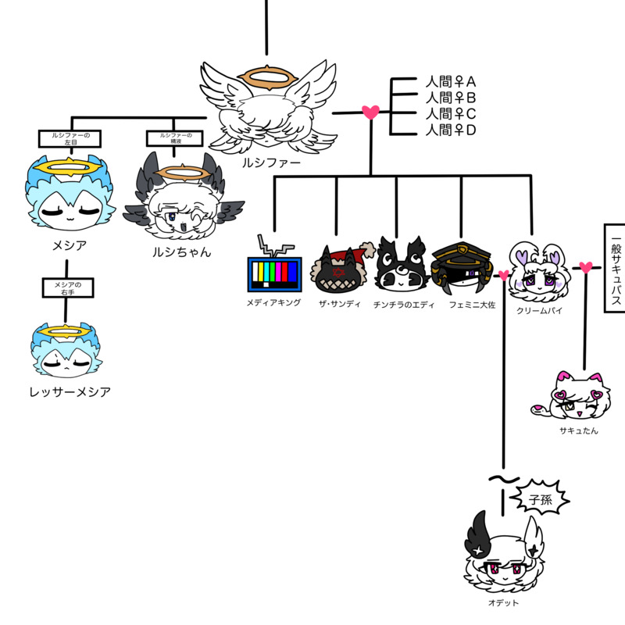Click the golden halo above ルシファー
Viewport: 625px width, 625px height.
268,77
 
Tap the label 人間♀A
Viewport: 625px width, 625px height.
451,82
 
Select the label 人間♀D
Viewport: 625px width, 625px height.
451,130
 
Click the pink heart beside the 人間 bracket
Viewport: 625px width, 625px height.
371,112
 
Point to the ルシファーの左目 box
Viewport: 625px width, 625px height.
70,138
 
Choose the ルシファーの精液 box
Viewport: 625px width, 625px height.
175,138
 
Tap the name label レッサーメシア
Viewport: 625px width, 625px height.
66,391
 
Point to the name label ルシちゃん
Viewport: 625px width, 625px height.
181,252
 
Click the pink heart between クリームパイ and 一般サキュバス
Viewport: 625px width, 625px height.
586,268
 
